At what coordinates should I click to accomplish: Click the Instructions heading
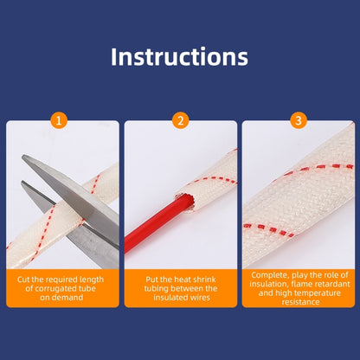[179, 57]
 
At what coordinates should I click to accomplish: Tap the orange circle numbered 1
[59, 120]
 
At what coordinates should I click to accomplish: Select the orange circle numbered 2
[181, 120]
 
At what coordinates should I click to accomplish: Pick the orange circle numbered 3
[299, 120]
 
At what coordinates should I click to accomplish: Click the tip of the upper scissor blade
[22, 157]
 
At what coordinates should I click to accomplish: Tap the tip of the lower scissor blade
[22, 183]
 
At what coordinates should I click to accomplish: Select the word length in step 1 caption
[92, 280]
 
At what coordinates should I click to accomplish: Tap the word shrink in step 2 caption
[204, 280]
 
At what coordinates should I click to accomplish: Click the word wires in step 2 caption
[199, 298]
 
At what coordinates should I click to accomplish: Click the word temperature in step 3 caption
[318, 293]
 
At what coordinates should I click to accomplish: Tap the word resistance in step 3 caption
[301, 302]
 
